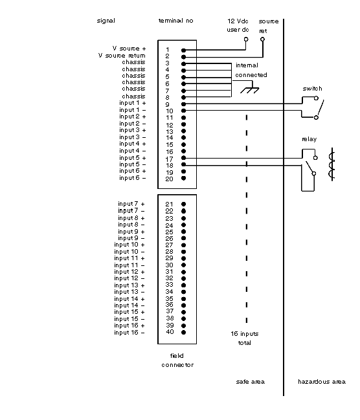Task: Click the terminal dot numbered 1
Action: [183, 50]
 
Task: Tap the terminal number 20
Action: [169, 179]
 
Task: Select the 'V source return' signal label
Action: [122, 56]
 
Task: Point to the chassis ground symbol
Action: [249, 89]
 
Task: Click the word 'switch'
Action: [312, 89]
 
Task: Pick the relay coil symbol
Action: [332, 164]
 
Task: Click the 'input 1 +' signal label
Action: [133, 103]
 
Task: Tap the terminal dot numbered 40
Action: [183, 333]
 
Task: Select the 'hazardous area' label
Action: [322, 382]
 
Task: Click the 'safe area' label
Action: [251, 382]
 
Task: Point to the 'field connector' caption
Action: [177, 360]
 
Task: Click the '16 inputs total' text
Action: [245, 338]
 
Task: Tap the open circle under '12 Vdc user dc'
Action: [246, 39]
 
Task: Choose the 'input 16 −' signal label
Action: [129, 333]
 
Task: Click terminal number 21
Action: [169, 204]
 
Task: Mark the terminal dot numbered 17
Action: [183, 158]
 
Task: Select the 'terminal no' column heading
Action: [176, 21]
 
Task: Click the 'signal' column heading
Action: [106, 21]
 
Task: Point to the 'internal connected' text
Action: [251, 70]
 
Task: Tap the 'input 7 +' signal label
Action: [131, 204]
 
